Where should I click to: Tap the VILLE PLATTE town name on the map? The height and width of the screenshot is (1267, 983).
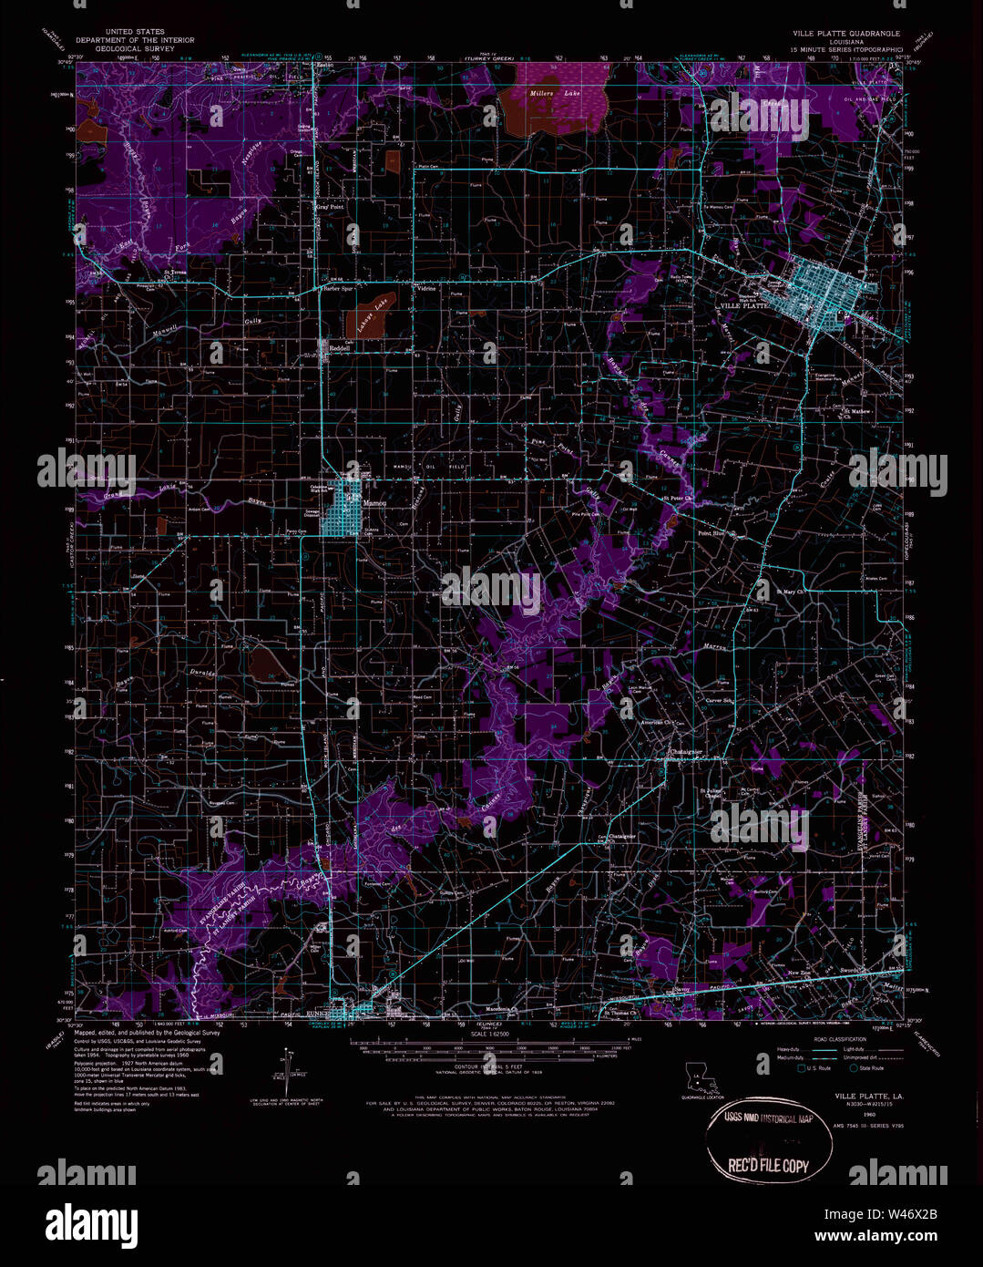[x=744, y=305]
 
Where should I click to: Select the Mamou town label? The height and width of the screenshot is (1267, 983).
[x=374, y=502]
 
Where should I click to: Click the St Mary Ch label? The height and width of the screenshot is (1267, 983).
[x=790, y=592]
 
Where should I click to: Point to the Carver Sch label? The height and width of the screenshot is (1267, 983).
[x=720, y=700]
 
